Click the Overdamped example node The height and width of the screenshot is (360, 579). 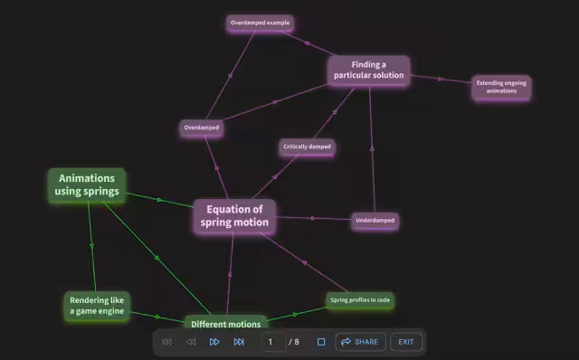click(260, 23)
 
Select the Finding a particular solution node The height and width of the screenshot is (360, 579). click(368, 71)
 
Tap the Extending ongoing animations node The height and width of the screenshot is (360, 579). click(501, 87)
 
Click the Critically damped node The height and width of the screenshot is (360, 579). click(307, 147)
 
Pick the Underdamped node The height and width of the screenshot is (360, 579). click(375, 221)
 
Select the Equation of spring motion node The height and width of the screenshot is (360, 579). click(234, 216)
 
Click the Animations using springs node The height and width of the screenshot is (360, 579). click(87, 185)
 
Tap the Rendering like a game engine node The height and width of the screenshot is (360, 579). click(97, 306)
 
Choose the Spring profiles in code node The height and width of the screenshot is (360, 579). click(360, 300)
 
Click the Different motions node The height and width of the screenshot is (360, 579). click(225, 322)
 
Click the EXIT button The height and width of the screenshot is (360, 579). click(406, 342)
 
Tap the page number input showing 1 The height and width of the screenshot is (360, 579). click(272, 342)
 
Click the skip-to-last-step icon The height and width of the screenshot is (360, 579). click(239, 342)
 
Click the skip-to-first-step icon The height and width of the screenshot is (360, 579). click(166, 342)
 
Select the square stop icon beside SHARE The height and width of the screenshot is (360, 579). click(321, 342)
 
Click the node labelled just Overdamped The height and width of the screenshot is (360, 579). click(202, 128)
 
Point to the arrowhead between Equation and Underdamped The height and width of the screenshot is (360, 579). click(313, 218)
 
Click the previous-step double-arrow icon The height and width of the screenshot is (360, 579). click(191, 342)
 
